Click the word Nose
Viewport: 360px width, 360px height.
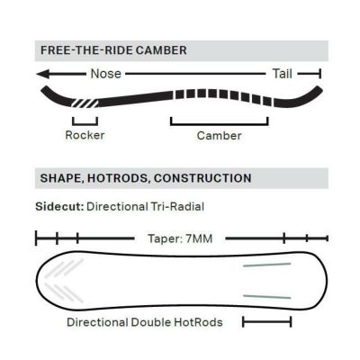point(106,74)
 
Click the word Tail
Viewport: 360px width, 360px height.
point(282,74)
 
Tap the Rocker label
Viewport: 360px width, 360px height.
point(85,135)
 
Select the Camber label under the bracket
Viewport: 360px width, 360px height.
point(219,136)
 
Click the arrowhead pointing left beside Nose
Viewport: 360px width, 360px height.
point(43,74)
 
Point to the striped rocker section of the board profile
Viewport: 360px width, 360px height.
point(85,103)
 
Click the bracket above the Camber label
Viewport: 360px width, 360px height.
point(220,124)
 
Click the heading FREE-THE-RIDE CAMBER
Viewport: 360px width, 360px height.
point(113,50)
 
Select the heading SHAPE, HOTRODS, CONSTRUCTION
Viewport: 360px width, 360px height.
point(146,178)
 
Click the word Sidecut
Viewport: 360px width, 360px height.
point(59,206)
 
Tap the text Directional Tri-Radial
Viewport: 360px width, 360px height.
point(146,206)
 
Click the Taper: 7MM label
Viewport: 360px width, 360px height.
point(180,238)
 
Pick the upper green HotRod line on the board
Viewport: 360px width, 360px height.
point(267,265)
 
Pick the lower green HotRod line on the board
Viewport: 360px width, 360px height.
point(267,297)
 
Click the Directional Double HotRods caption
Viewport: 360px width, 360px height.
point(145,322)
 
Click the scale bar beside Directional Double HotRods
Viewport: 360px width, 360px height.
point(266,322)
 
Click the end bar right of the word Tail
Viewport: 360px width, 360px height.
point(320,74)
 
